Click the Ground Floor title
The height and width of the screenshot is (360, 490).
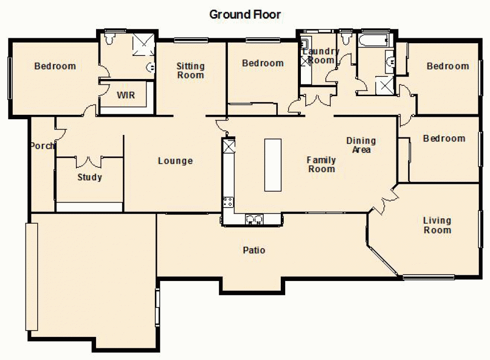click(245, 14)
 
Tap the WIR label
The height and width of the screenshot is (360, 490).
click(125, 95)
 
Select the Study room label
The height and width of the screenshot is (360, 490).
click(90, 177)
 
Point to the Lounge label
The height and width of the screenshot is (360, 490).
click(175, 161)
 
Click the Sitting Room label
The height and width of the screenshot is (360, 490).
click(191, 71)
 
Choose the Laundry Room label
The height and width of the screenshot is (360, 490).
click(321, 56)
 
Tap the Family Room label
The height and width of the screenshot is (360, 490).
click(321, 164)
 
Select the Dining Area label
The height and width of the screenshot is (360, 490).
click(361, 145)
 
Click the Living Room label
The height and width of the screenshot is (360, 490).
click(437, 225)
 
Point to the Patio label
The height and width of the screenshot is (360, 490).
click(254, 250)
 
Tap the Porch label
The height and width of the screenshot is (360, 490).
click(42, 146)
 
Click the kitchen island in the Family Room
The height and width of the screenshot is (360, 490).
click(273, 165)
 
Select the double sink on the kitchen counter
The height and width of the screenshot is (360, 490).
click(254, 219)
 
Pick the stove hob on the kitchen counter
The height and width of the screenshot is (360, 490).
click(228, 201)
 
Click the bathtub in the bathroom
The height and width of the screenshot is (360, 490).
click(373, 40)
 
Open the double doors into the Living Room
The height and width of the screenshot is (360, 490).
click(385, 200)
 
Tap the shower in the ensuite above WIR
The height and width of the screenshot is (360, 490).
click(144, 43)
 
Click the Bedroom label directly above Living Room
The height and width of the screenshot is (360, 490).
click(444, 139)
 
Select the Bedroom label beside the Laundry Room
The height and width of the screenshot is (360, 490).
click(263, 63)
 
